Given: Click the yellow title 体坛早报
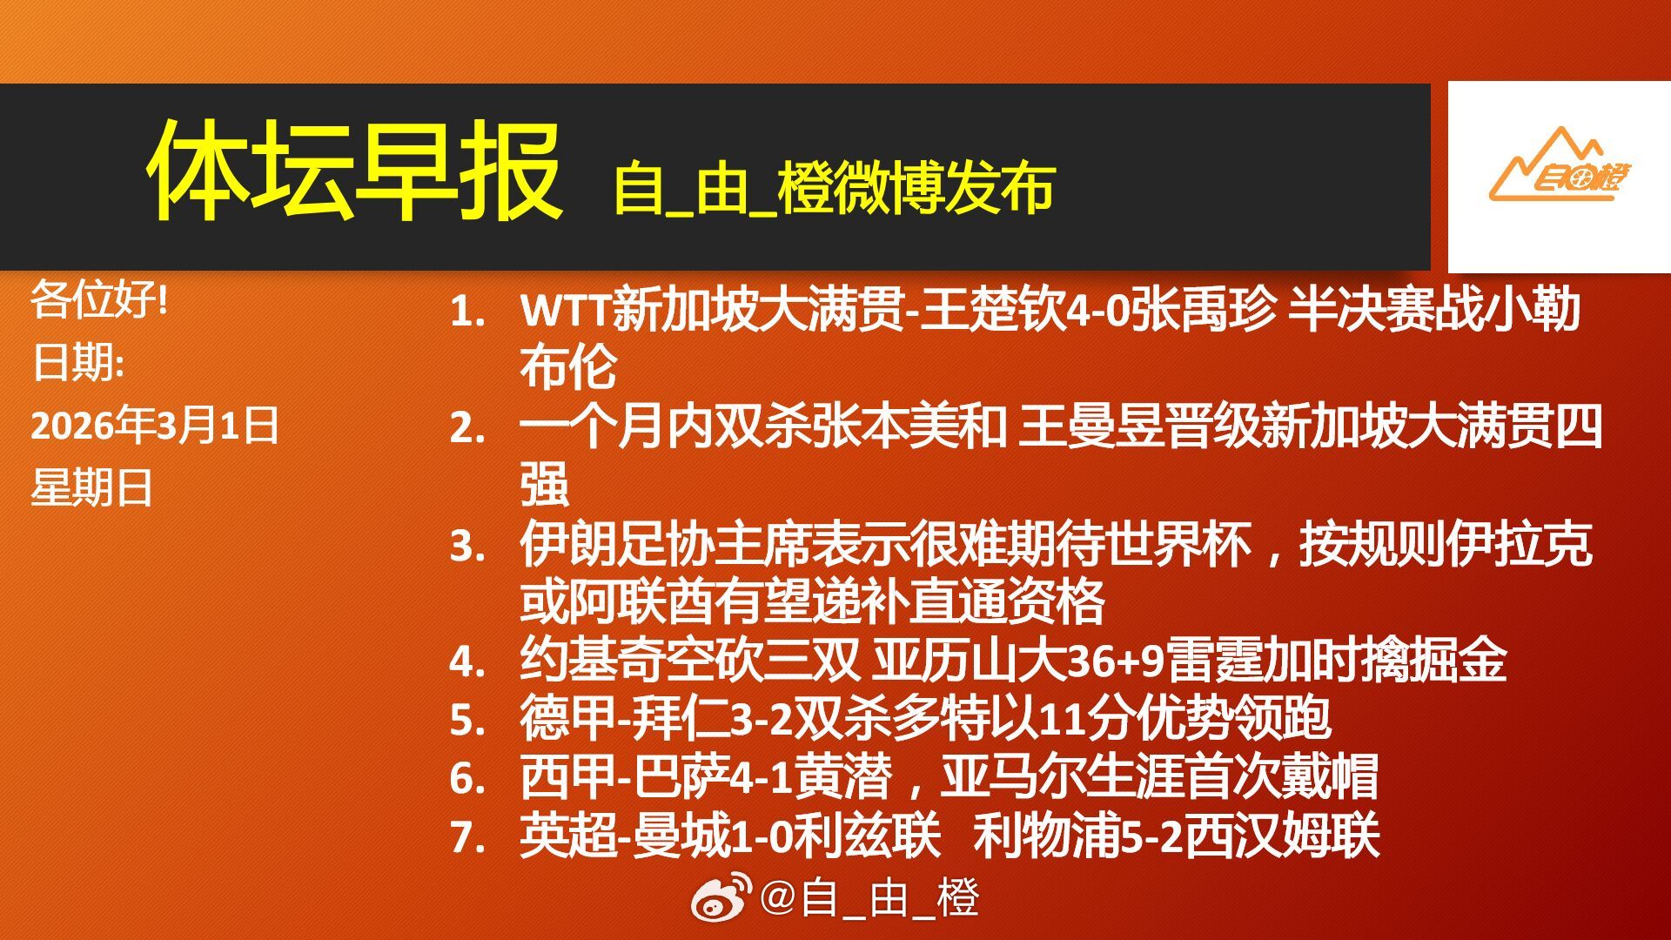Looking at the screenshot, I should [354, 171].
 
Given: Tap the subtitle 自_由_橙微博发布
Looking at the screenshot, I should [834, 188].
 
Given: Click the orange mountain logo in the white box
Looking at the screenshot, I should [1559, 167].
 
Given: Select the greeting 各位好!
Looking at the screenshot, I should [99, 300].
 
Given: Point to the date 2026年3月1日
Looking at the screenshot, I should [154, 426].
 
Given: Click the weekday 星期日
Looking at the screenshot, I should [92, 487].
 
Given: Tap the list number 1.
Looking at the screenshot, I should [466, 312].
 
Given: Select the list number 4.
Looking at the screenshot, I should [466, 662].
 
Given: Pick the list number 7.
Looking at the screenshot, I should [466, 837].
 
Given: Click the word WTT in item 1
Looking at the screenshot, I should [565, 311].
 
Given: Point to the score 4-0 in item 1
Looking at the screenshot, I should [1098, 311].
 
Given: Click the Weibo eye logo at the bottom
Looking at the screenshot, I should [721, 897].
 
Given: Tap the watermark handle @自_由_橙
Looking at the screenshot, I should [870, 898].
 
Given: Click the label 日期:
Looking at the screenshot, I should [77, 363].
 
